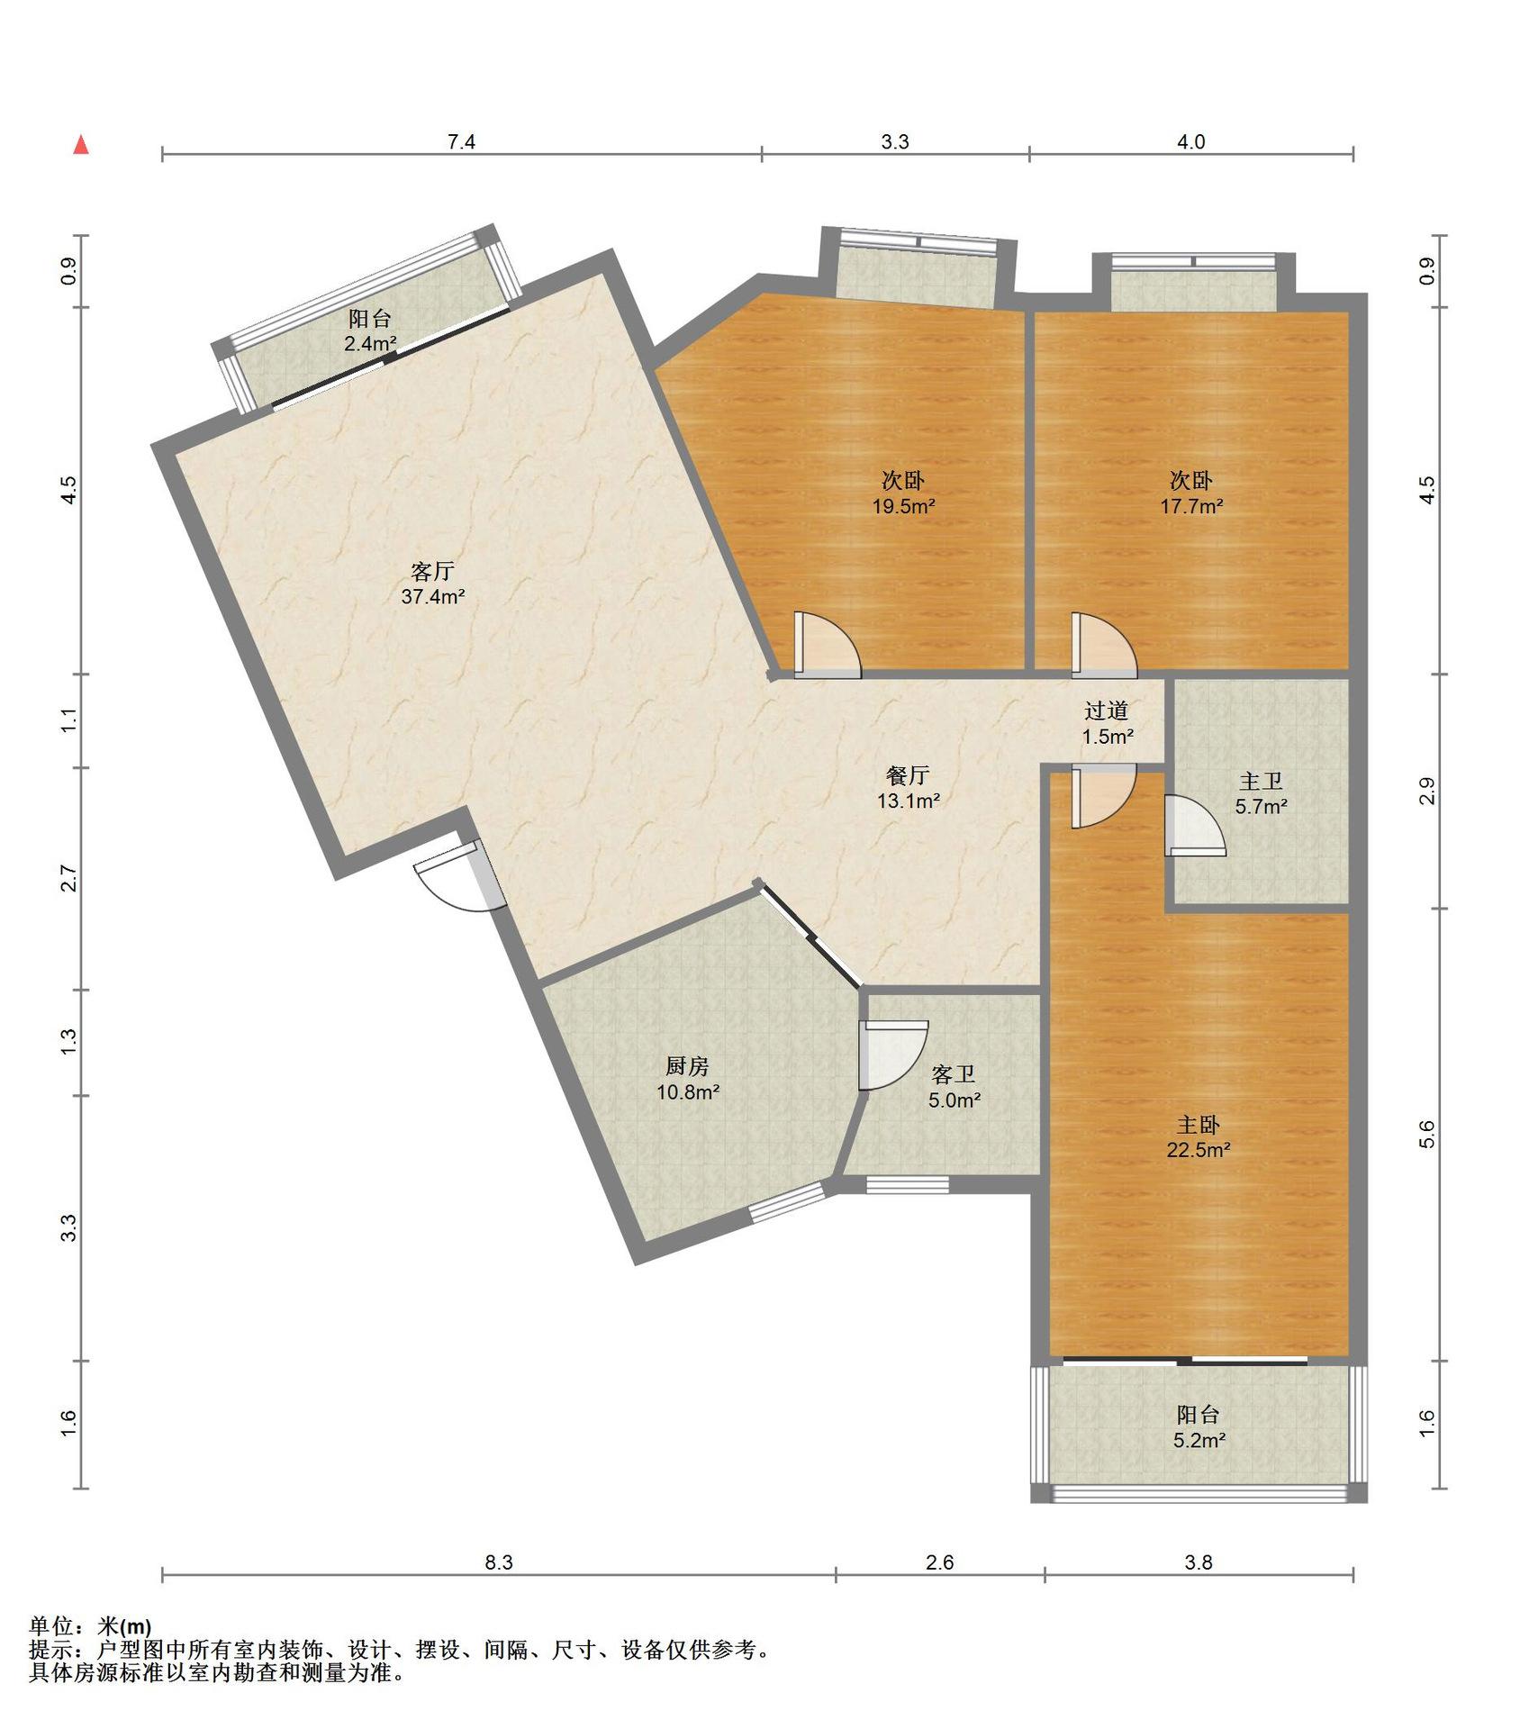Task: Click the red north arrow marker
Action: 81,145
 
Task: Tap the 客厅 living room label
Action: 432,571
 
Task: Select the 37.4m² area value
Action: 433,596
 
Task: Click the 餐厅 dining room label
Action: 908,775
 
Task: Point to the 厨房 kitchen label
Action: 687,1066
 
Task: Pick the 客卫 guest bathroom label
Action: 954,1074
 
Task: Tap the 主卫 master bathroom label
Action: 1261,781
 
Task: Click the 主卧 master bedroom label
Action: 1199,1125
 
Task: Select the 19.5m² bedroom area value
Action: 903,506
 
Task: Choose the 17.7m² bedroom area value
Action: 1191,506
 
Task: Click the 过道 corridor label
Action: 1107,711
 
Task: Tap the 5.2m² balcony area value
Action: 1199,1441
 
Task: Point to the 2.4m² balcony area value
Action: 370,343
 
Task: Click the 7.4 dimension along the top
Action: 461,141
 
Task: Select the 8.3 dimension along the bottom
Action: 499,1562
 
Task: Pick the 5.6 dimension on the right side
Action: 1426,1135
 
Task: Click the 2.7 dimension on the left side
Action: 68,878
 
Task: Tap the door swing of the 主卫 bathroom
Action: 1194,825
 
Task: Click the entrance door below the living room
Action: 459,878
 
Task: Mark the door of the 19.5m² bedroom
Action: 828,645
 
